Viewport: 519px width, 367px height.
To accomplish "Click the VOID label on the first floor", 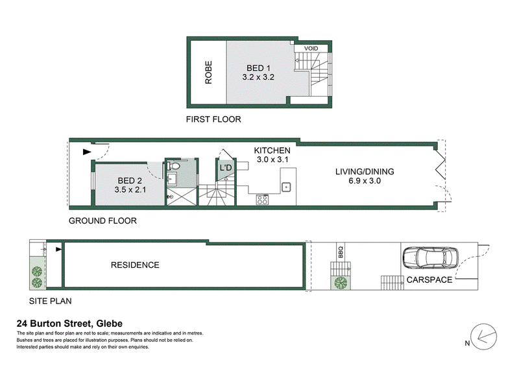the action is (x=311, y=49).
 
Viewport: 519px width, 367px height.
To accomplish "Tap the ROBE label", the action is (x=208, y=72).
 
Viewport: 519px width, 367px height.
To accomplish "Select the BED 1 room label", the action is (x=258, y=68).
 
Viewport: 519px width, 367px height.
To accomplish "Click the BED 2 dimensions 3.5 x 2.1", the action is (x=130, y=189).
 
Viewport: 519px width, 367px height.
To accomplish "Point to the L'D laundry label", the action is (x=226, y=168).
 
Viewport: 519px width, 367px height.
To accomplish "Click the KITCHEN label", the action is (x=272, y=150).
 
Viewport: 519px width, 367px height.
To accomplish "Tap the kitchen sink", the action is (x=286, y=187).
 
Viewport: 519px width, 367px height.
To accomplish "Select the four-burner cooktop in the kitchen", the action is (x=263, y=200).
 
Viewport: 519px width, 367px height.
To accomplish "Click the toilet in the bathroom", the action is (x=173, y=165).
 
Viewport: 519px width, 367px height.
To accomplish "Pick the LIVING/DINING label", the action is (x=365, y=171).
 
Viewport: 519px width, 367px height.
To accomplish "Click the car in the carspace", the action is (x=431, y=257).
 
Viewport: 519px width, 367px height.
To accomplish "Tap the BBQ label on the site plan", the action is (x=341, y=252).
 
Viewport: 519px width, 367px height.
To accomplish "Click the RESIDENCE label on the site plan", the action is (x=135, y=265).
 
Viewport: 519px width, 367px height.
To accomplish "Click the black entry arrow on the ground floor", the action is (x=87, y=152).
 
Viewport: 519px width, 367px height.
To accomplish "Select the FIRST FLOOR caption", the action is (x=213, y=119).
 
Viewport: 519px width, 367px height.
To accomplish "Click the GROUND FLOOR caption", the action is (x=103, y=220).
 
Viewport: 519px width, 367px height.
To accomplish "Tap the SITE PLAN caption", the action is (x=51, y=301).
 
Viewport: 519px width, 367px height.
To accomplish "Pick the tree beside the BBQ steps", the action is (x=341, y=283).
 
